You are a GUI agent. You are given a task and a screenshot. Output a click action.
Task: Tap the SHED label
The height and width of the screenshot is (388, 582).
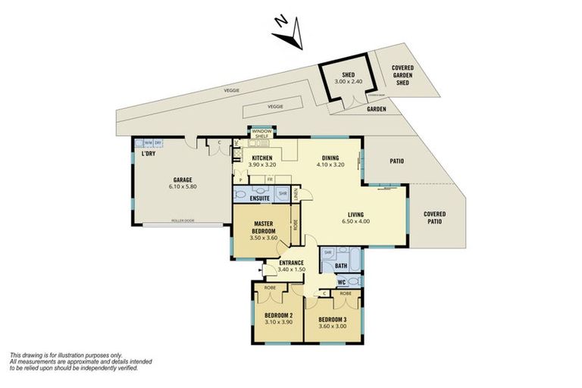tap(349, 75)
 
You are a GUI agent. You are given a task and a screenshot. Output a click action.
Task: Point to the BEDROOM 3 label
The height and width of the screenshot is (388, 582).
tap(332, 319)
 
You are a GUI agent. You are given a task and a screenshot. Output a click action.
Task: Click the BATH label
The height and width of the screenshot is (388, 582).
tap(341, 265)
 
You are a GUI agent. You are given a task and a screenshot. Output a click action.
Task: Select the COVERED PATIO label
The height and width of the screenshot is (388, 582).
tap(434, 217)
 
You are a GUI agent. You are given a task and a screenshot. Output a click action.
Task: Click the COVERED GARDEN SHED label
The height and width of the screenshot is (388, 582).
tap(402, 75)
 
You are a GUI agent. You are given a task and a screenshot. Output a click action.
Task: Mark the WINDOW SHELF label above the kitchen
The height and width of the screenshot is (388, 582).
tap(261, 133)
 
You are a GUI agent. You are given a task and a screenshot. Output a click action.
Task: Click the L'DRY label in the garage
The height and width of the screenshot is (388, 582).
tap(148, 155)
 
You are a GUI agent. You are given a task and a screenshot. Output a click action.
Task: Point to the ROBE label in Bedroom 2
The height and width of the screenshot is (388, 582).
tap(269, 288)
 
